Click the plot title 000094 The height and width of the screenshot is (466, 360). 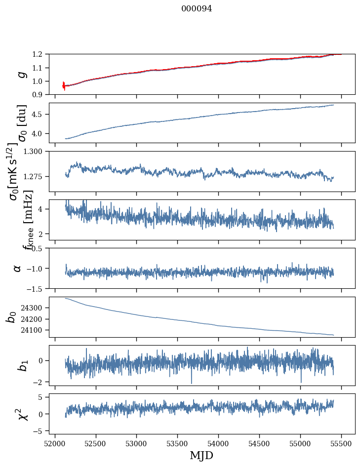(196, 8)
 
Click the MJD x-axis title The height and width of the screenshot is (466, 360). (201, 456)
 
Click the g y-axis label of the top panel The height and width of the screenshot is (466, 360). (20, 75)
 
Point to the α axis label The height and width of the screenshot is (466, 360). (18, 268)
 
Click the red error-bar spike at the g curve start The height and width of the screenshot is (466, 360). (64, 86)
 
